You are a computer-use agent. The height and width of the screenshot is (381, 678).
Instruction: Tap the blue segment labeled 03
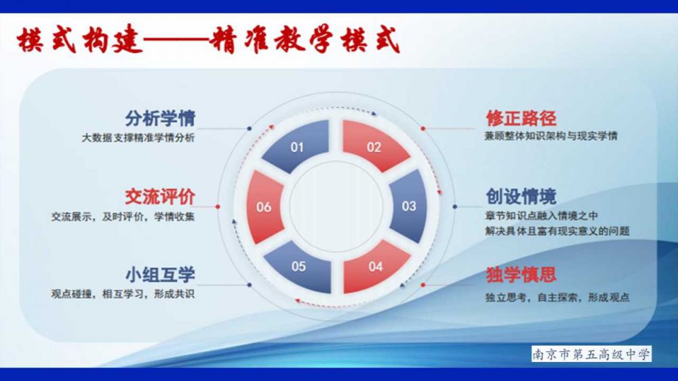[409, 206]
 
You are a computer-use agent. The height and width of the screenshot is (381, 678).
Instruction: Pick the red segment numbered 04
[374, 266]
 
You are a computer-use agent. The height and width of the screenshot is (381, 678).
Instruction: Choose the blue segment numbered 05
[299, 266]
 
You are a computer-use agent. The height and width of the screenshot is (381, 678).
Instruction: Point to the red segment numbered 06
[264, 207]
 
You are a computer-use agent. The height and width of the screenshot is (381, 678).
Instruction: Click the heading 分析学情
[160, 118]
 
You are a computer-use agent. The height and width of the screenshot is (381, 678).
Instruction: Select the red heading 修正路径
[521, 118]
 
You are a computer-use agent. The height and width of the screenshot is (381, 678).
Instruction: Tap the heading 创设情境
[521, 197]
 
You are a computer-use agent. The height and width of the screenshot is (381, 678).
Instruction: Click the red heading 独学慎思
[521, 275]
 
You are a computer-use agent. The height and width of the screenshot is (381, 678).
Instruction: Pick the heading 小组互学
[160, 275]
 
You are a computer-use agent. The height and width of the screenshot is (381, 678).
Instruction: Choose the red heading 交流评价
[160, 197]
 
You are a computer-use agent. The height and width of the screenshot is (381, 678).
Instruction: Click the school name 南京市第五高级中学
[591, 354]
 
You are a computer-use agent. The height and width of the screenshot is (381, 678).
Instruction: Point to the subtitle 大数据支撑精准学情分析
[138, 138]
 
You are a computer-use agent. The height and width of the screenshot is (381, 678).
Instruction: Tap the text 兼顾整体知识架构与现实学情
[551, 136]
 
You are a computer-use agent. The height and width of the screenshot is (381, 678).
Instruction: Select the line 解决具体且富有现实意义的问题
[557, 231]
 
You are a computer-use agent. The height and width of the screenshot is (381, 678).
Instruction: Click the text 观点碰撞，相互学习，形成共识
[123, 294]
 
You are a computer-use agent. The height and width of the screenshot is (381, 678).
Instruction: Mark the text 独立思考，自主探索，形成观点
[557, 298]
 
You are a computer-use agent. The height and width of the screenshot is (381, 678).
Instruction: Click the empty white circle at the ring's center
[336, 207]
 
